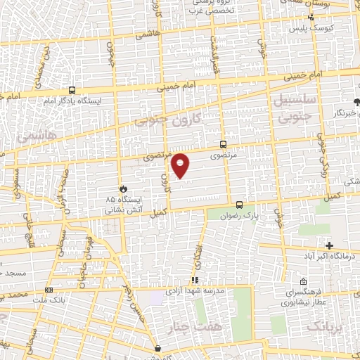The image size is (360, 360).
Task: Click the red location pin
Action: click(x=181, y=165)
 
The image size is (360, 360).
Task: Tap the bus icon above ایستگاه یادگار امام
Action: click(x=72, y=91)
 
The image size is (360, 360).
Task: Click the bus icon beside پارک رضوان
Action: click(x=240, y=205)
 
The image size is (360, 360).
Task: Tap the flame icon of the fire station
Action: click(x=124, y=189)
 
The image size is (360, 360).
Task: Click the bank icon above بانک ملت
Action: click(x=48, y=290)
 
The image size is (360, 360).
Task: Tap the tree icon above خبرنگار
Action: click(x=356, y=102)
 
